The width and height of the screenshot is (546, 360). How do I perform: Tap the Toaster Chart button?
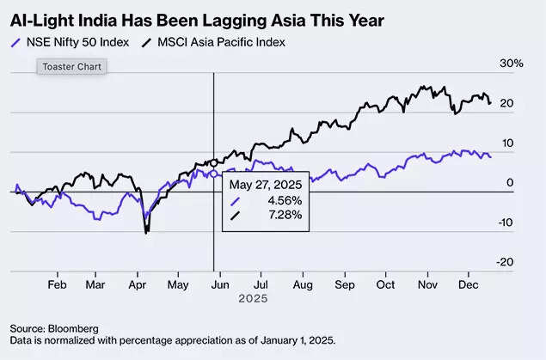coord(72,66)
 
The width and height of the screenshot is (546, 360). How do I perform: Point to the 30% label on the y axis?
coord(512,64)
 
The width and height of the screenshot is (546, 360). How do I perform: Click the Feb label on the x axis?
coord(57,283)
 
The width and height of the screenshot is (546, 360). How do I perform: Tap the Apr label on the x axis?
coord(137,283)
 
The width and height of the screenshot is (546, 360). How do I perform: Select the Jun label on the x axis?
coord(220,283)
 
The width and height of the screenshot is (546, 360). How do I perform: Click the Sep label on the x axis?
coord(344,283)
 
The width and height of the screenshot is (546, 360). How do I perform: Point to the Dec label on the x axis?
coord(469,283)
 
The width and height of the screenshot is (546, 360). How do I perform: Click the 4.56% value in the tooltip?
coord(284,200)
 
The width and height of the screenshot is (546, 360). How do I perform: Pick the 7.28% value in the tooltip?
coord(284,215)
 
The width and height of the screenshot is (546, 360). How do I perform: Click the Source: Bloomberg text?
coord(54,328)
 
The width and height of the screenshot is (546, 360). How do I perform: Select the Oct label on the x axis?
coord(386,283)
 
